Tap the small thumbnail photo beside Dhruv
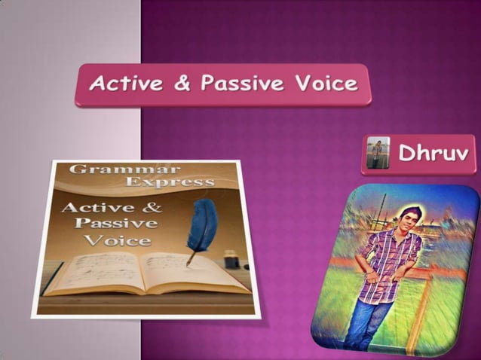click(x=377, y=154)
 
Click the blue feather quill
click(x=202, y=226)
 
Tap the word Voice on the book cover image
click(x=117, y=240)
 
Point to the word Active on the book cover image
click(x=96, y=206)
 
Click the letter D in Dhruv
click(x=406, y=154)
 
